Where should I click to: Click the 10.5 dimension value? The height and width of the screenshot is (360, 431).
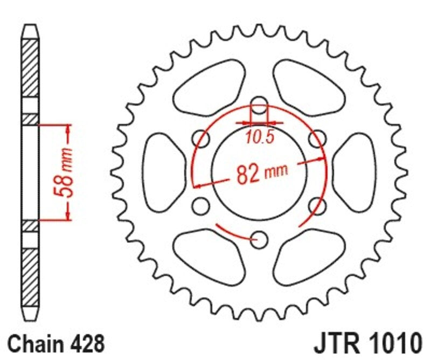(x=260, y=137)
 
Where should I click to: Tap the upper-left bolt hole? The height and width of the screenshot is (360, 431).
(x=201, y=138)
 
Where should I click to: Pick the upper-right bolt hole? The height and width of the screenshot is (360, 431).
(x=318, y=138)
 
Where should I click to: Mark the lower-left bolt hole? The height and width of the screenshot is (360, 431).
(x=201, y=205)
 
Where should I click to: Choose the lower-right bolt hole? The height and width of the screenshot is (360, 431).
(x=318, y=205)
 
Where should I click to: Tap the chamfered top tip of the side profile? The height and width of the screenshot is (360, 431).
(x=30, y=32)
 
